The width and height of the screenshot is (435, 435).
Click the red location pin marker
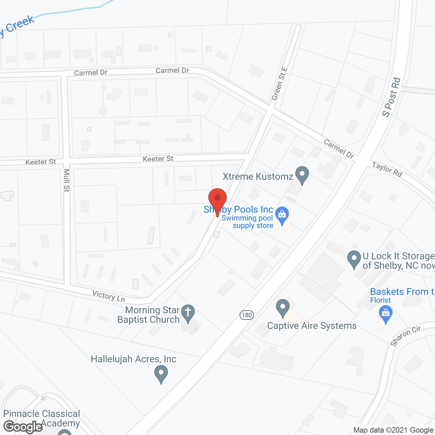(217, 198)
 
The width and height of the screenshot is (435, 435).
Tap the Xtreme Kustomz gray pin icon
(302, 175)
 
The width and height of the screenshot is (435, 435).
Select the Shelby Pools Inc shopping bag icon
(282, 215)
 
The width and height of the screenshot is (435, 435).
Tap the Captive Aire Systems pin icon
(282, 308)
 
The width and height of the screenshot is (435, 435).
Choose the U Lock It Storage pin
(354, 259)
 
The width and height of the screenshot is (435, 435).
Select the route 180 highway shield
(246, 315)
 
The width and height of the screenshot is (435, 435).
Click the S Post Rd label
(391, 98)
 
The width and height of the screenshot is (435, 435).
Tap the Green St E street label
(279, 84)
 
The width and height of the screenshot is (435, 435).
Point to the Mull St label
(67, 180)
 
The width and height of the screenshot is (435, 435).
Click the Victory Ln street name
(109, 296)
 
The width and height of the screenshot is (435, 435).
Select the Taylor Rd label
(387, 169)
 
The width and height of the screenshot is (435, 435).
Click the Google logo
(23, 427)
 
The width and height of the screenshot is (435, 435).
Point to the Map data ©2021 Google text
(393, 430)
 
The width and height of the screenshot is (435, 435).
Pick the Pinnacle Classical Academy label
(41, 418)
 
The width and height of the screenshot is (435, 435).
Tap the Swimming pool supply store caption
(247, 222)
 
